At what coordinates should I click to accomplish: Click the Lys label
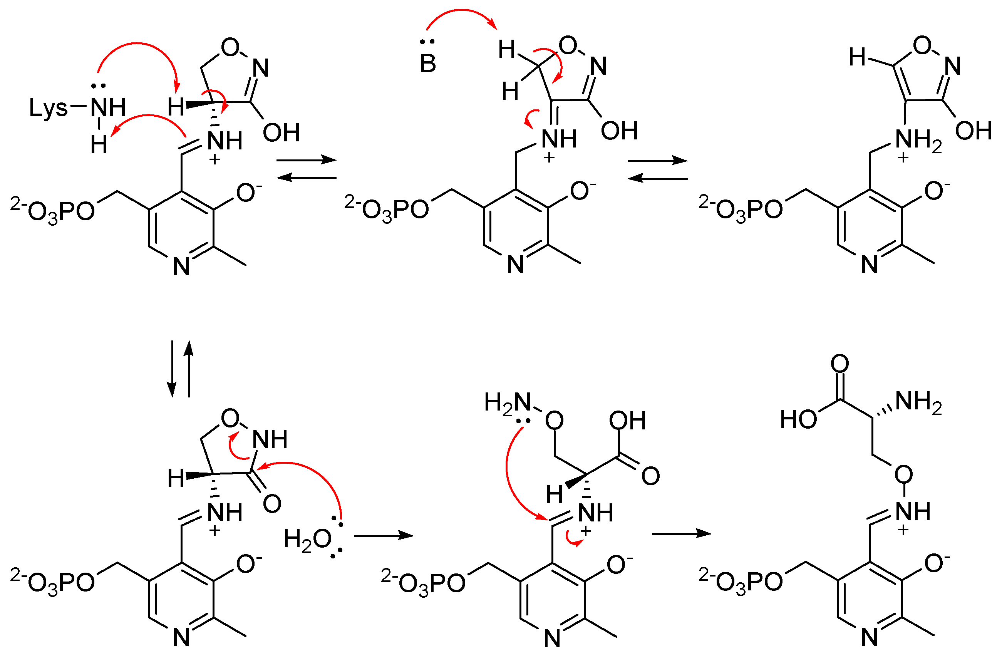pos(48,108)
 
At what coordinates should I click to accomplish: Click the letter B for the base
pos(428,64)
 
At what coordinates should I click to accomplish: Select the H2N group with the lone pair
pos(507,402)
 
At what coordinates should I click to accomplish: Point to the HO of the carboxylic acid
pos(798,419)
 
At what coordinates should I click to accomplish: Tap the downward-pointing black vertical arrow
pos(172,369)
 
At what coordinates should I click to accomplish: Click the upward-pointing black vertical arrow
pos(189,369)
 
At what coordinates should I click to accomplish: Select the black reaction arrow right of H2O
pos(384,536)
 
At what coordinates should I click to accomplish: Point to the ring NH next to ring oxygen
pos(270,439)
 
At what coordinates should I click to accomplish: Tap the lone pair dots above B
pos(427,42)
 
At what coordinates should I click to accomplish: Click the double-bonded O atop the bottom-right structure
pos(839,363)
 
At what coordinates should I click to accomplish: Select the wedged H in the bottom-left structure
pos(176,478)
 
